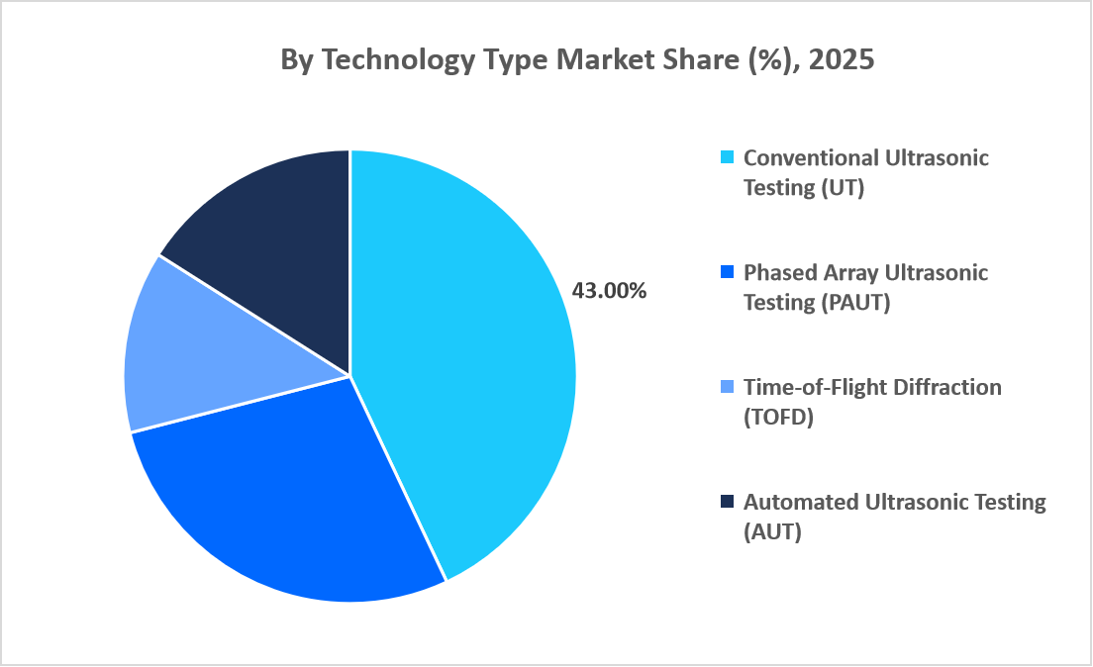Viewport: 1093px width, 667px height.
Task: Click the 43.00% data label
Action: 609,291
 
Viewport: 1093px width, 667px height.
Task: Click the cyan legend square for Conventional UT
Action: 728,157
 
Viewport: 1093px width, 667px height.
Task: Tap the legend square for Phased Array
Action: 728,272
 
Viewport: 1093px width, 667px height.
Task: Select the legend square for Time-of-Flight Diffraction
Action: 728,387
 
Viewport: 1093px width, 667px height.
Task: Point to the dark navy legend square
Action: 728,502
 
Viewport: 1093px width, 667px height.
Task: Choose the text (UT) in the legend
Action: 843,188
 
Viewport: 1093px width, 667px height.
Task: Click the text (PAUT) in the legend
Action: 856,303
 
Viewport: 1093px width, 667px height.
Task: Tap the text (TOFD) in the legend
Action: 778,418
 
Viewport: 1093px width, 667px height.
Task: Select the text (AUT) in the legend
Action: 772,532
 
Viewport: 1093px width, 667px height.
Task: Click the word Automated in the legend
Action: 799,502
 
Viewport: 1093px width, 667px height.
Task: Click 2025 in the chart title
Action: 842,59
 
